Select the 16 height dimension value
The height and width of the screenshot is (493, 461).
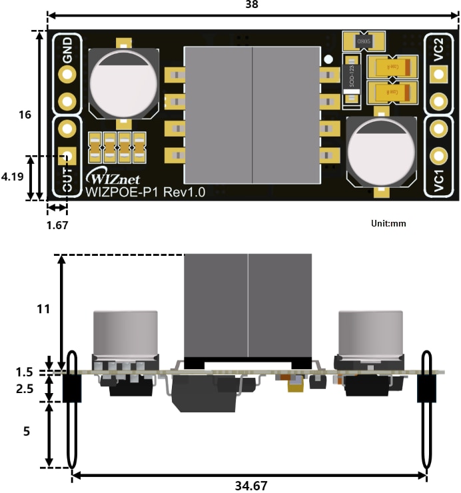tap(25, 115)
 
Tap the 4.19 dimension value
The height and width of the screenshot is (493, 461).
tap(13, 178)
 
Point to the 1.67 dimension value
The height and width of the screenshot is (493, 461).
tap(57, 225)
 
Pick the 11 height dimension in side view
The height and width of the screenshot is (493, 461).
tap(42, 309)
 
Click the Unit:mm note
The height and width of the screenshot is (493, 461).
tap(388, 223)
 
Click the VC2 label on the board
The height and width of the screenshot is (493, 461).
tap(438, 50)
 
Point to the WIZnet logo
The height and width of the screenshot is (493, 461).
tap(111, 179)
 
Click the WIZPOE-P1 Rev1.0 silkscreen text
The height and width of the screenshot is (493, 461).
tap(146, 192)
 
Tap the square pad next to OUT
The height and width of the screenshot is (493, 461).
tap(67, 157)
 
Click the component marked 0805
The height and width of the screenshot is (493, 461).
tap(363, 41)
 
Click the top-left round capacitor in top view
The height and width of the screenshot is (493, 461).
tap(124, 82)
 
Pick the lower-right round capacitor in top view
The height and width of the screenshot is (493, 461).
tap(382, 153)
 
